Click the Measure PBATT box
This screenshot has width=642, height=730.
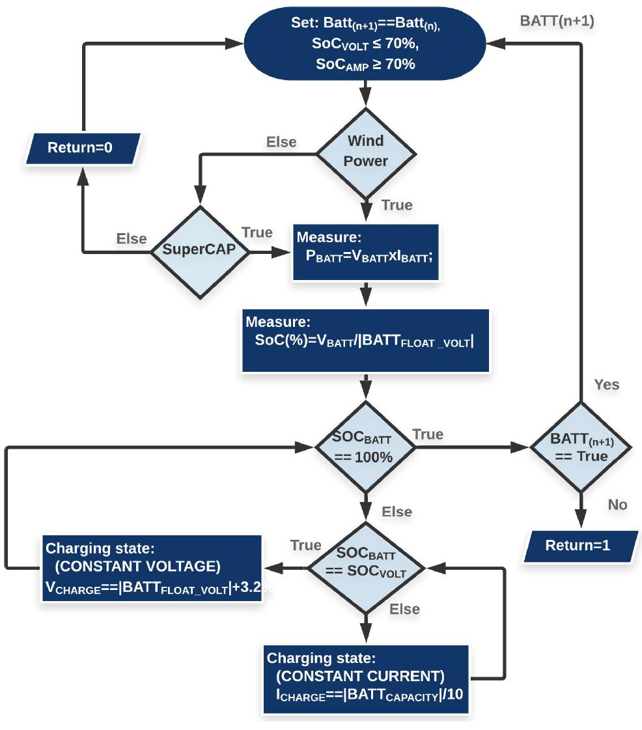366,253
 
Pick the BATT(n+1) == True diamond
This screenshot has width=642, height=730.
579,447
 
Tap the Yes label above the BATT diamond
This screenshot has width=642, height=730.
606,384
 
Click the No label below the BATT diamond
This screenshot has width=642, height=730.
617,504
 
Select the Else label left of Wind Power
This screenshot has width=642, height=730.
281,142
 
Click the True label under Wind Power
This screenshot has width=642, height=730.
397,205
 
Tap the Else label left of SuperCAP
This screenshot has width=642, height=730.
132,238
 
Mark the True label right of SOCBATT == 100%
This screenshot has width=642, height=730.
428,434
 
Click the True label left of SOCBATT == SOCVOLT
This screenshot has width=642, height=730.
306,545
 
